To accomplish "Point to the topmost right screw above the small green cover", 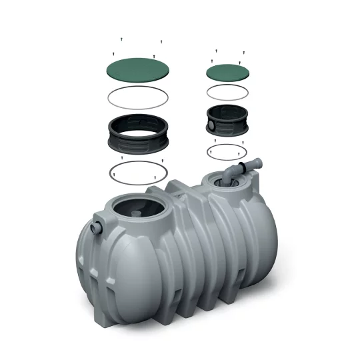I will tap(243, 51).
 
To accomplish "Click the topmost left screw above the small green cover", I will tap(217, 51).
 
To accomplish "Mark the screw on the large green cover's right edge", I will tap(154, 57).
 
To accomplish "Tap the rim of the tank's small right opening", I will tap(209, 179).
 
